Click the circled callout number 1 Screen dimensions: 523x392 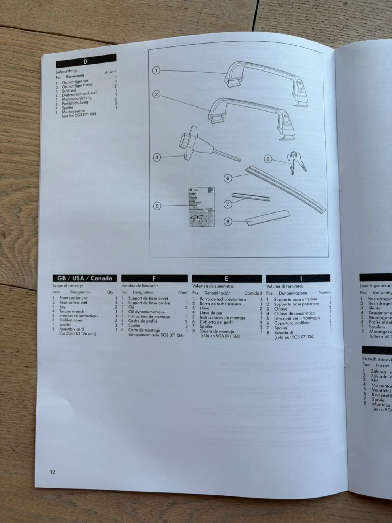(x=156, y=70)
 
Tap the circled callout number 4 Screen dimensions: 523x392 (x=156, y=158)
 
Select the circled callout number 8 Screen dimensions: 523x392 (x=228, y=222)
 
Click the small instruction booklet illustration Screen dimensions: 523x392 (x=201, y=207)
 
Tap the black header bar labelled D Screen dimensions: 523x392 (x=86, y=61)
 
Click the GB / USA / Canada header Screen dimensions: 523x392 (x=85, y=278)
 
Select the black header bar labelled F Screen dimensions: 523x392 (x=154, y=279)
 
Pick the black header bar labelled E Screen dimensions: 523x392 (x=226, y=279)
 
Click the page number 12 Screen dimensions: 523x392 (x=53, y=472)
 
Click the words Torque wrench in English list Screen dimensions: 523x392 (x=72, y=311)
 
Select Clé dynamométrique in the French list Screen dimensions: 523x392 (x=146, y=312)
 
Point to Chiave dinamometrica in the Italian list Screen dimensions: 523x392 (x=294, y=313)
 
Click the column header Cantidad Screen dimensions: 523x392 (x=253, y=293)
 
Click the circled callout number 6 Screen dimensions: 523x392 (x=228, y=178)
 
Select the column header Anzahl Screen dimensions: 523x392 (x=110, y=72)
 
